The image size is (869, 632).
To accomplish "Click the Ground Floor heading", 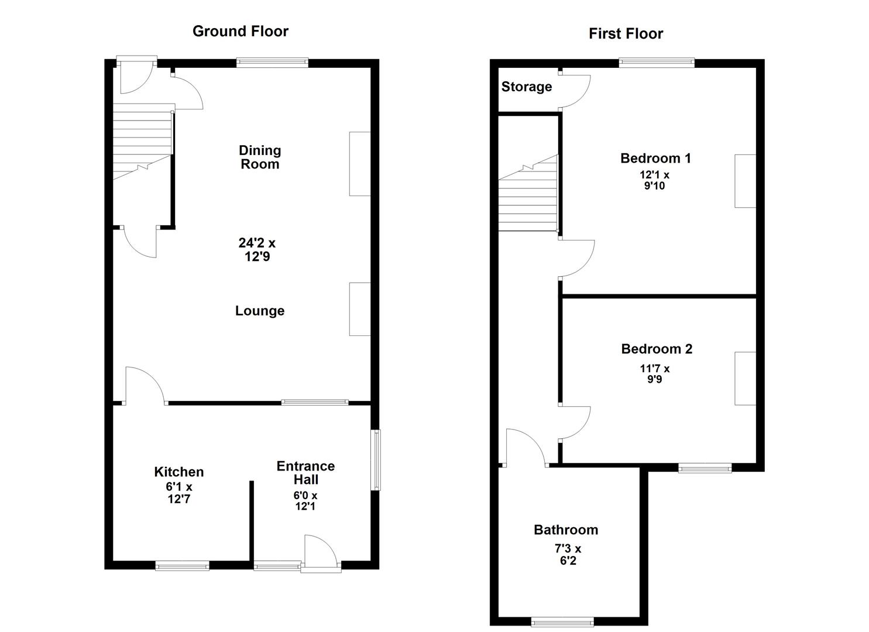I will click(x=240, y=31).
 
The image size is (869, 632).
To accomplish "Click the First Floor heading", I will click(x=626, y=33).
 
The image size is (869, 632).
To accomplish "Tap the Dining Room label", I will click(x=259, y=157).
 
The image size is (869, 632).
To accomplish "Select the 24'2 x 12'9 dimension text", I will click(x=257, y=249).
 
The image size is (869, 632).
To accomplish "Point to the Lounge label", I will click(x=260, y=311).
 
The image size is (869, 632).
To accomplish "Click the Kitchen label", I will click(x=179, y=472).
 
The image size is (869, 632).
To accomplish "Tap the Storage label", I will click(x=526, y=87).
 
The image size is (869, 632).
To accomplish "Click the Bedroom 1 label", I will click(x=655, y=158).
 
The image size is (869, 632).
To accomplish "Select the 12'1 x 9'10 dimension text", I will click(x=654, y=180).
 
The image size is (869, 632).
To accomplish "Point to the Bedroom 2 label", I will click(x=657, y=349).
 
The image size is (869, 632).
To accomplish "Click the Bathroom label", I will click(x=566, y=530).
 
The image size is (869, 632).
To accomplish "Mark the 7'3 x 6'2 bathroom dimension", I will click(x=568, y=555).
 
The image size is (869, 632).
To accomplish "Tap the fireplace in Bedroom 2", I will click(x=745, y=378).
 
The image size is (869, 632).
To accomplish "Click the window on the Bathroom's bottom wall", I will click(x=562, y=621).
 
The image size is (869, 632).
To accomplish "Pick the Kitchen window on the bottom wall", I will click(x=182, y=565).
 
